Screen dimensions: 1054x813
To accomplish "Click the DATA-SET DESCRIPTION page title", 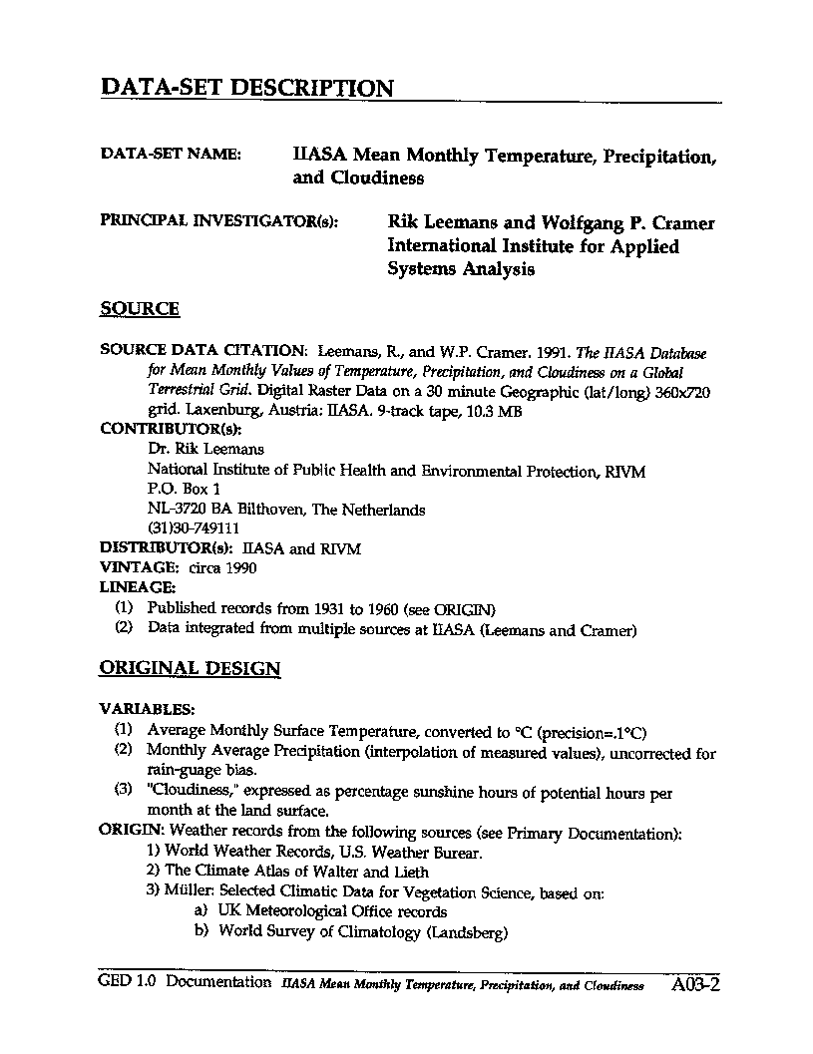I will click(246, 88).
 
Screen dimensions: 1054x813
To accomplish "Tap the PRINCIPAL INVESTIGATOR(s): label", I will click(218, 221).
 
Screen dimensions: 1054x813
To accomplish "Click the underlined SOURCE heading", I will click(140, 309).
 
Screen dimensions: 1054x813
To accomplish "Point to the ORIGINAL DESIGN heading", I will click(190, 668).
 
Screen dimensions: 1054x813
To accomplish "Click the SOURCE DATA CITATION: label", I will click(203, 351).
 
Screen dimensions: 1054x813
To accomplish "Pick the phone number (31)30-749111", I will click(194, 528).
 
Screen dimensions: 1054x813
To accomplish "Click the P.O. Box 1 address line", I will click(184, 489).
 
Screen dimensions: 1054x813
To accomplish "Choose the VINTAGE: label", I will click(136, 568).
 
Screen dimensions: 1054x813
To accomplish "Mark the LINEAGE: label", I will click(138, 588).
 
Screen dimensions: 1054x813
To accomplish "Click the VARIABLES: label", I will click(146, 710).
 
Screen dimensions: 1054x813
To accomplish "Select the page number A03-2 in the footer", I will click(696, 985).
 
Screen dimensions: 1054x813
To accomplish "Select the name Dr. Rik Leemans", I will click(205, 449).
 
